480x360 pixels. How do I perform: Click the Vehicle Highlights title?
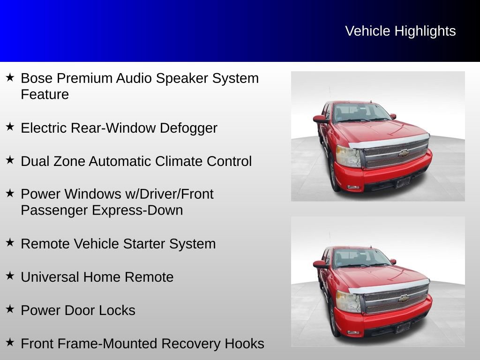pyautogui.click(x=400, y=31)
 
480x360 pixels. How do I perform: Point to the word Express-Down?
pyautogui.click(x=137, y=210)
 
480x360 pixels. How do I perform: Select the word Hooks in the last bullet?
pyautogui.click(x=244, y=344)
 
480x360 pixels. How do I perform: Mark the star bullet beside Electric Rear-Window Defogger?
pyautogui.click(x=10, y=127)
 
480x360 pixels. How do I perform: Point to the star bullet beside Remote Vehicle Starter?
pyautogui.click(x=10, y=242)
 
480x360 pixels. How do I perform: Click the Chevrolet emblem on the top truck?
pyautogui.click(x=404, y=153)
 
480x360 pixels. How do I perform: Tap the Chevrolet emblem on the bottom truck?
pyautogui.click(x=404, y=298)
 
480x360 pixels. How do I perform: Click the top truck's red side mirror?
pyautogui.click(x=320, y=119)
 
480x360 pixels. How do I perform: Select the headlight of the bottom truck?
pyautogui.click(x=348, y=301)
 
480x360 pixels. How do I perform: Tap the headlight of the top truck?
pyautogui.click(x=348, y=156)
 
